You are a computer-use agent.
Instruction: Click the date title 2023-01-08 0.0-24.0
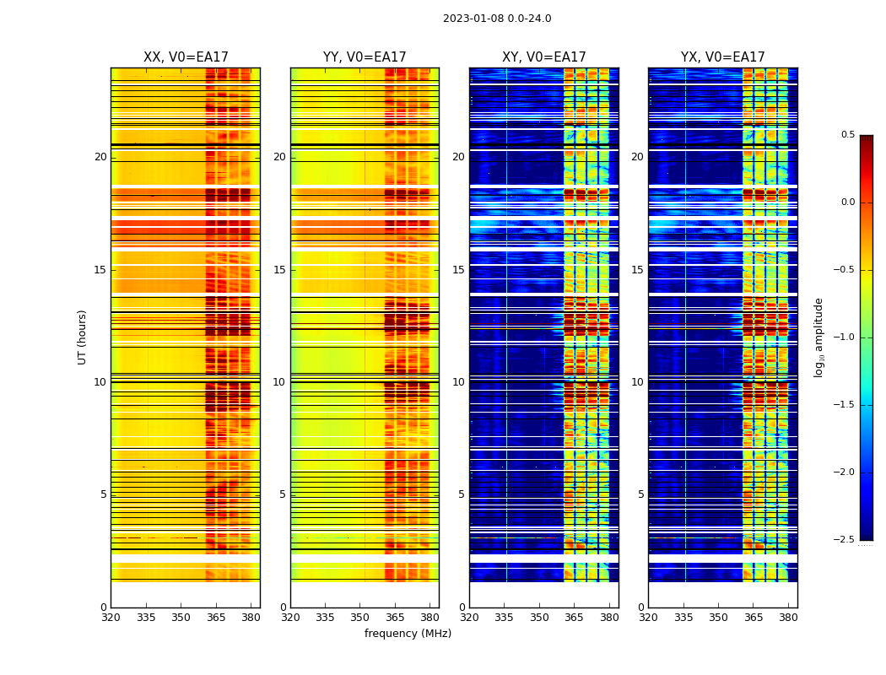(497, 19)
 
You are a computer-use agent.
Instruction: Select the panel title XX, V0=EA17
(186, 57)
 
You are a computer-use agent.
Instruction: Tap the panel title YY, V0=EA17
(365, 57)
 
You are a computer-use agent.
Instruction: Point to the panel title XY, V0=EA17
(543, 57)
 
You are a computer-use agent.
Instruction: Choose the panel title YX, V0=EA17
(722, 57)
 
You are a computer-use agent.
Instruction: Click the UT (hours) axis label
(82, 337)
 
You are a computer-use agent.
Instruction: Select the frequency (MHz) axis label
(408, 634)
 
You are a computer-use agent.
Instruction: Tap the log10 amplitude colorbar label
(818, 337)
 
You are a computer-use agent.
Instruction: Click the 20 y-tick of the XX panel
(100, 157)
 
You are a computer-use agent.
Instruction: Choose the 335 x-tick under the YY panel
(325, 617)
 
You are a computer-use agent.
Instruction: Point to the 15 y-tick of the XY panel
(458, 270)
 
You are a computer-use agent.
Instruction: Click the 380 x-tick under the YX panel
(788, 617)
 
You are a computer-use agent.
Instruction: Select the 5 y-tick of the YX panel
(640, 494)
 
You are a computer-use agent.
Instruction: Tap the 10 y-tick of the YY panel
(279, 382)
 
